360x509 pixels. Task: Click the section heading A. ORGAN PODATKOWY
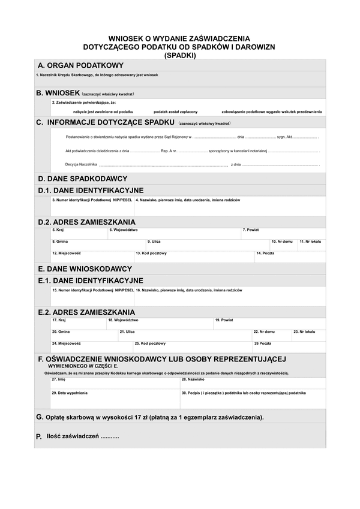point(80,65)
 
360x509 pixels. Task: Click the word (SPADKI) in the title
point(180,55)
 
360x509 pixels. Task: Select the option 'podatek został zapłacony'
point(175,112)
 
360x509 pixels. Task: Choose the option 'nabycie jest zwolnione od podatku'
point(103,112)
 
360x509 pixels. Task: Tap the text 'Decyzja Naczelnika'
point(80,164)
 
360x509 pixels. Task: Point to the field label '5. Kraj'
point(58,230)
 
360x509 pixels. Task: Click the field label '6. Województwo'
point(124,230)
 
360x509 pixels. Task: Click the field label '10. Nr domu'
point(282,241)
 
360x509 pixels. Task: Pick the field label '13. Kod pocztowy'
point(151,253)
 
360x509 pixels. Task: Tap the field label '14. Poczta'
point(265,253)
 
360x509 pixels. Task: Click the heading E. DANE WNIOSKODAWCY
point(85,269)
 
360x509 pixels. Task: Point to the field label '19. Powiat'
point(224,320)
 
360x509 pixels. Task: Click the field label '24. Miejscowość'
point(66,344)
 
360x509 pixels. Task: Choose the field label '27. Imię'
point(58,380)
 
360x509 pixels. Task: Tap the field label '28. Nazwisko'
point(193,380)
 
